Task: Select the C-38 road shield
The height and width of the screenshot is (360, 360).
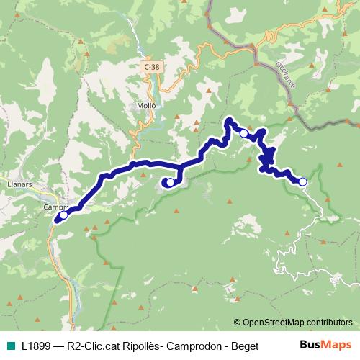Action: coord(150,66)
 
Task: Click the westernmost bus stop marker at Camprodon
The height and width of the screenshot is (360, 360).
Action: coord(63,215)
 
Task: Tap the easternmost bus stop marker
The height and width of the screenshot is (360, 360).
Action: coord(303,182)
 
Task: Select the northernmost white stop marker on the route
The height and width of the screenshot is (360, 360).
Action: coord(244,133)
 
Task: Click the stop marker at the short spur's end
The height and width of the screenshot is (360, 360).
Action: coord(169,182)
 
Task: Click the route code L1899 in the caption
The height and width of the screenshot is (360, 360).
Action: coord(36,346)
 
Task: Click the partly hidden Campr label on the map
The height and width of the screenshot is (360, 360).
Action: coord(55,207)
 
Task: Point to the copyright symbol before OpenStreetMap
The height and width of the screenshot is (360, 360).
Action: coord(238,323)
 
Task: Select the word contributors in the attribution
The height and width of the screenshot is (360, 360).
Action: coord(328,323)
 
